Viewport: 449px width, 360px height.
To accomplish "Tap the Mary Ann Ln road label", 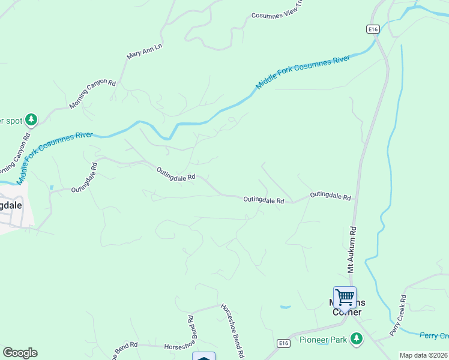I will click(x=144, y=50).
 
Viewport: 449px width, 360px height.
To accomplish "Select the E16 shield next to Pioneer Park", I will click(x=285, y=343).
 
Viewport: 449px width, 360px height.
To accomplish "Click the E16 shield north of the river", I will click(x=373, y=28).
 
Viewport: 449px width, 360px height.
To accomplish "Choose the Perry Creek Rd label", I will click(x=397, y=315).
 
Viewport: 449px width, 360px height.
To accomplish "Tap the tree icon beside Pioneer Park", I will click(x=357, y=338).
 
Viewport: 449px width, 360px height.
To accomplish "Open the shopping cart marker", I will click(x=345, y=297).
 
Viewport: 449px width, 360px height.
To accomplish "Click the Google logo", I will click(x=20, y=353).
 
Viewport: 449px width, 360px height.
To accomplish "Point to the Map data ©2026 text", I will click(x=424, y=355).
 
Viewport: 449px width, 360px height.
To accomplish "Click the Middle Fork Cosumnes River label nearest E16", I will click(x=303, y=73).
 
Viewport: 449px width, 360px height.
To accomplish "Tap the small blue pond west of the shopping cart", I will click(x=285, y=307).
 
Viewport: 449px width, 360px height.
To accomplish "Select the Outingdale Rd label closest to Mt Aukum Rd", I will click(x=330, y=196).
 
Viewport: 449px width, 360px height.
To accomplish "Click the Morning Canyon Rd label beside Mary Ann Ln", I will click(x=92, y=94).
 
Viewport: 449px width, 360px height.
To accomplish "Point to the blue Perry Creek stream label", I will click(x=433, y=335).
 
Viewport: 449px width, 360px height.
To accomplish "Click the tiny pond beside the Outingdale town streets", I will click(x=52, y=187).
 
